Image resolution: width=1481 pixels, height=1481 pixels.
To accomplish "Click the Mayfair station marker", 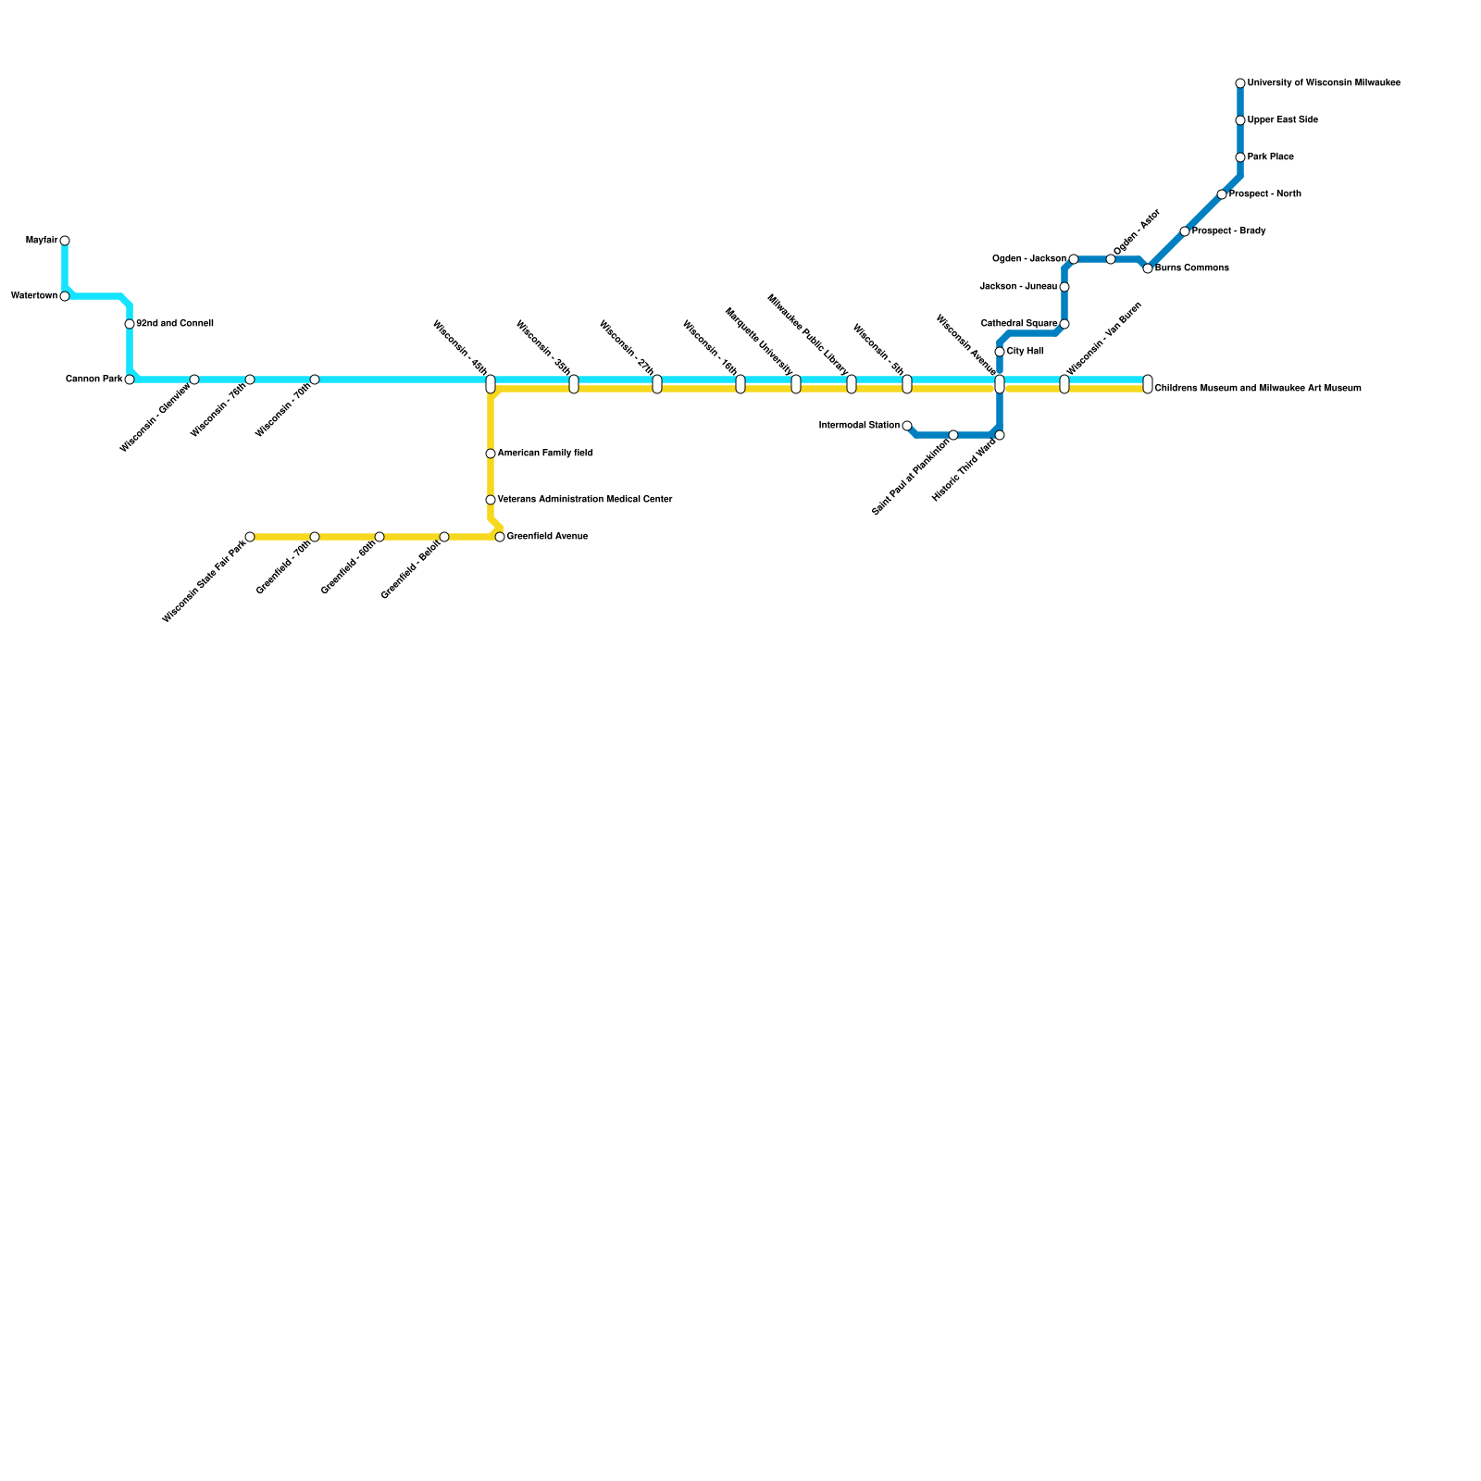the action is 65,241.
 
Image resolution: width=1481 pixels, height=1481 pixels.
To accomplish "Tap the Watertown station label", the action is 34,296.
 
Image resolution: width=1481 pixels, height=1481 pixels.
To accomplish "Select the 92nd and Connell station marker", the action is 130,324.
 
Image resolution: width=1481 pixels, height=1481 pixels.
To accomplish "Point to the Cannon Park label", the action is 93,380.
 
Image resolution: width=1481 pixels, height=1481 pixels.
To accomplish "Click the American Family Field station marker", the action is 491,454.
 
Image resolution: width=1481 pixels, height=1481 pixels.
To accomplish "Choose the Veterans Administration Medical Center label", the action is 585,500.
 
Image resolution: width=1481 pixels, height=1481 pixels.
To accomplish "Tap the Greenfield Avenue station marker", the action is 500,537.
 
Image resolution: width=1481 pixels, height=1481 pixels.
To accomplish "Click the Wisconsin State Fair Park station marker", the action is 250,537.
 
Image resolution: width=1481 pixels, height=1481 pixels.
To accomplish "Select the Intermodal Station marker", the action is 907,426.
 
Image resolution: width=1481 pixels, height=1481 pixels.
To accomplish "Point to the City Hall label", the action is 1026,352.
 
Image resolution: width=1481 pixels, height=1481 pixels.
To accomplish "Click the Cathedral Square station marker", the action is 1064,324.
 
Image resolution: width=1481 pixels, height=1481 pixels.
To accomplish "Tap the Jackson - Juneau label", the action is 1018,287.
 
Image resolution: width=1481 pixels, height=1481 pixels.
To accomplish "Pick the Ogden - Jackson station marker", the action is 1073,259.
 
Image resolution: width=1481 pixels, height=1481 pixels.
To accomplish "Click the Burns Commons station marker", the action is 1148,268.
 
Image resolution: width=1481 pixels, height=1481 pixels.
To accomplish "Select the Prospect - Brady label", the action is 1229,231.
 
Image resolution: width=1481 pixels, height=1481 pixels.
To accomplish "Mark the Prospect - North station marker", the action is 1222,194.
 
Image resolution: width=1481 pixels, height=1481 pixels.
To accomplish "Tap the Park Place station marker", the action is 1240,157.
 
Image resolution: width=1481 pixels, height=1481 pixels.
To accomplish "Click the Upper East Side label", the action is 1283,120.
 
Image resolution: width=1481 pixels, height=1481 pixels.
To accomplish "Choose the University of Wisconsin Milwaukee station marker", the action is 1240,83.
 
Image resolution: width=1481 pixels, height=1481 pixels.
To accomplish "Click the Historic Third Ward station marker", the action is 1000,435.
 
